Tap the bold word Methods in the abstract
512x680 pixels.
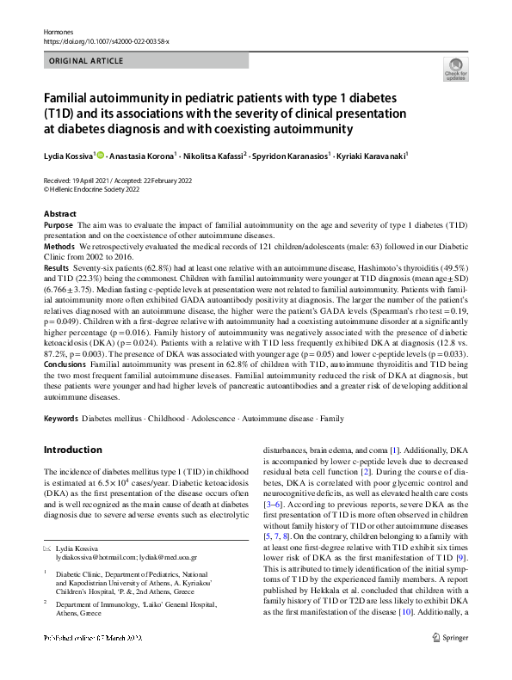58,245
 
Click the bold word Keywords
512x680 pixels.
60,418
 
